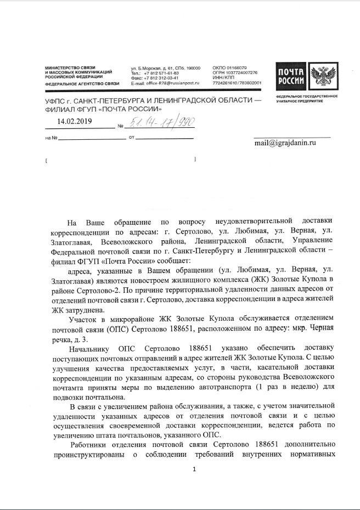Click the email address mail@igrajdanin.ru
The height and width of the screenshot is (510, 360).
click(285, 143)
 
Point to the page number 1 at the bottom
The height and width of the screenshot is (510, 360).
click(194, 470)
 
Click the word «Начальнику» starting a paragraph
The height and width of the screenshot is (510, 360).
click(90, 348)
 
